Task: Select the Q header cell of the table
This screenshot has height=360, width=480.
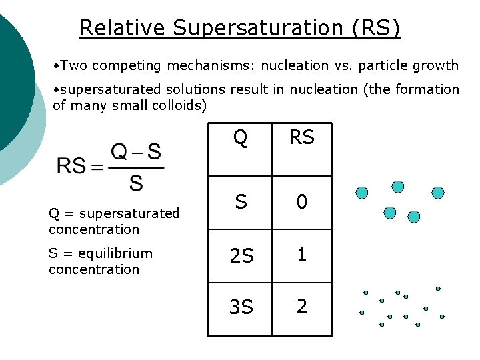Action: click(x=240, y=138)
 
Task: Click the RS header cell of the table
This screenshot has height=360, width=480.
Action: click(x=301, y=138)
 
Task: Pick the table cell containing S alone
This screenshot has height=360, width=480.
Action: click(x=240, y=201)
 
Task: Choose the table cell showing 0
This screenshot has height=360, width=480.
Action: click(x=301, y=201)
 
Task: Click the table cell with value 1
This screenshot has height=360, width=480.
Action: click(x=301, y=255)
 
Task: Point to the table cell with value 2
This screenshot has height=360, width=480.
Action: click(x=301, y=307)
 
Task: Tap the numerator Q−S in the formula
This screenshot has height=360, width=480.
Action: click(x=136, y=152)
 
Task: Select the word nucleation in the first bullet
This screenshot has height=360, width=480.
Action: click(x=294, y=65)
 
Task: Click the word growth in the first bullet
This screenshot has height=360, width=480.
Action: click(x=438, y=65)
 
